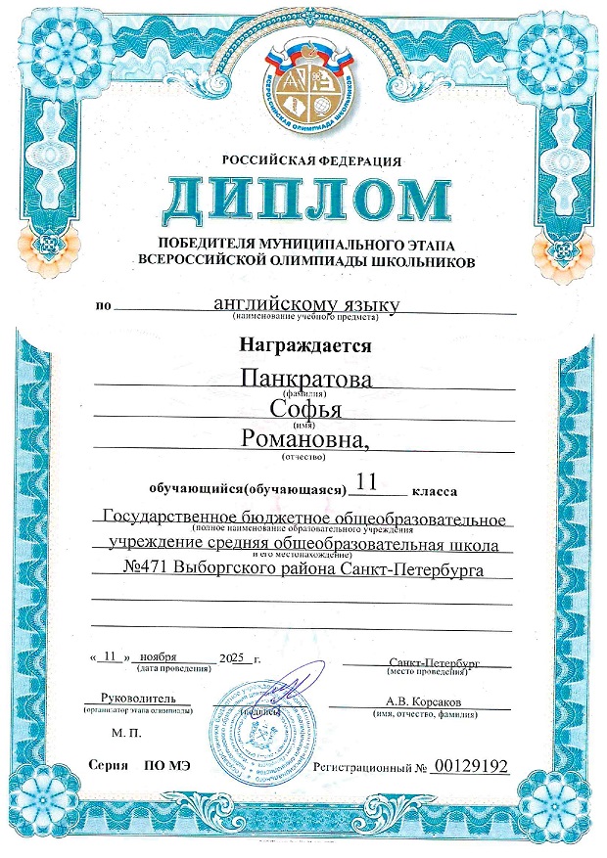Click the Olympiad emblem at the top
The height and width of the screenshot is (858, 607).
tap(303, 92)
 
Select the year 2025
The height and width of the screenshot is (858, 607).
tap(236, 657)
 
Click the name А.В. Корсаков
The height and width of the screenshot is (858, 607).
tap(424, 700)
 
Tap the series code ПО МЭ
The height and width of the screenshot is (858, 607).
tap(165, 768)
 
